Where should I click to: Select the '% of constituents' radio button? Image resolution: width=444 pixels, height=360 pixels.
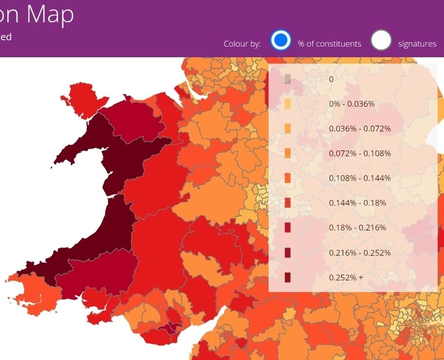[x=281, y=40]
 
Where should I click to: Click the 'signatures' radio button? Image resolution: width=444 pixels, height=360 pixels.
[x=381, y=40]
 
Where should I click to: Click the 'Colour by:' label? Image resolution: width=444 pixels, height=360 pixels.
[x=242, y=44]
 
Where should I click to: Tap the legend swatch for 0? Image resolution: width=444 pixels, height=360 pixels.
[x=287, y=79]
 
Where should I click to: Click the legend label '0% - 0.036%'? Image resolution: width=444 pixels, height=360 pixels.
[x=351, y=104]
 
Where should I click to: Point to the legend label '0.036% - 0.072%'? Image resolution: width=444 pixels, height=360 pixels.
[x=360, y=129]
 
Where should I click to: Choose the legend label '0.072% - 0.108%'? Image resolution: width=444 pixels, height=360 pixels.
[x=360, y=153]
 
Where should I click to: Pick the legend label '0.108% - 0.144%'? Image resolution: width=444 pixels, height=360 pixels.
[x=360, y=178]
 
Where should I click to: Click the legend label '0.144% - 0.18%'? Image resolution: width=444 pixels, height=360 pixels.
[x=357, y=203]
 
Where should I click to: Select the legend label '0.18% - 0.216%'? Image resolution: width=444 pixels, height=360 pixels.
[x=357, y=228]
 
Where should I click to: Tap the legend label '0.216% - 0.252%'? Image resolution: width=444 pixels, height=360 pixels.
[x=360, y=253]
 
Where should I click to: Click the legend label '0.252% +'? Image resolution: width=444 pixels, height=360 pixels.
[x=346, y=278]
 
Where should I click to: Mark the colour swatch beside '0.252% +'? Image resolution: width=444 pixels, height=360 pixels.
[x=287, y=278]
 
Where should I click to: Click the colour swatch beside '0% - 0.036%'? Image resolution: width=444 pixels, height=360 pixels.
[x=287, y=104]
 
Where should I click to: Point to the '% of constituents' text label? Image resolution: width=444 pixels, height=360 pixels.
[x=329, y=44]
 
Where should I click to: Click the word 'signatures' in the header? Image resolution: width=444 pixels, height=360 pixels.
[x=417, y=44]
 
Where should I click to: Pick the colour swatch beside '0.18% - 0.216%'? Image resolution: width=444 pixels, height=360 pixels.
[x=287, y=228]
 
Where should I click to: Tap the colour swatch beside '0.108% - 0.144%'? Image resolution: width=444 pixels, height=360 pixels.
[x=287, y=178]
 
